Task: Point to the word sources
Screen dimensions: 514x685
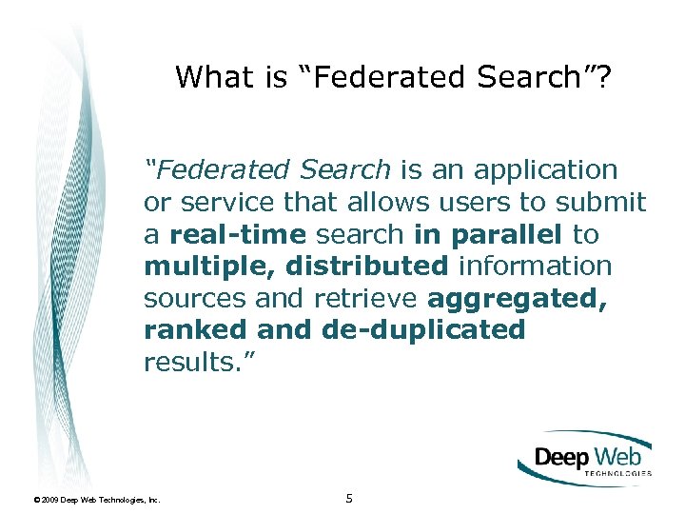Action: pos(192,299)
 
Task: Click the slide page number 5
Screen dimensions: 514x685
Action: pos(349,498)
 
